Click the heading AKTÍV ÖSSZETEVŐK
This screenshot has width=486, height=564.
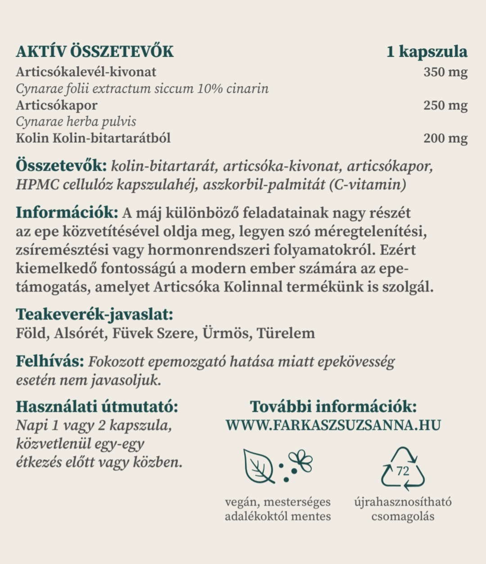pyautogui.click(x=94, y=52)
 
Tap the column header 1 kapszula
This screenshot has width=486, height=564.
pyautogui.click(x=427, y=52)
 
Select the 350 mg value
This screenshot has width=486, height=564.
pyautogui.click(x=445, y=72)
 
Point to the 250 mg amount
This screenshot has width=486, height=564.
pyautogui.click(x=445, y=105)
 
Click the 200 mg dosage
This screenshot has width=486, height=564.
pyautogui.click(x=445, y=138)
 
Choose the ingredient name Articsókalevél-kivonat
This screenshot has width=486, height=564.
pyautogui.click(x=86, y=72)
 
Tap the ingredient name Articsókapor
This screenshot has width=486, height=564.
pyautogui.click(x=57, y=105)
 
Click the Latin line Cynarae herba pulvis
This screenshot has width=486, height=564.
pyautogui.click(x=76, y=122)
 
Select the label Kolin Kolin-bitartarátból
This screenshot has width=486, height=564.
pyautogui.click(x=93, y=138)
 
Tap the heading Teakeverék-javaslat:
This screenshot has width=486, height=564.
pyautogui.click(x=94, y=314)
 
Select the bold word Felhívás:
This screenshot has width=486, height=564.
pyautogui.click(x=50, y=362)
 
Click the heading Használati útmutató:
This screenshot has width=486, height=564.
pyautogui.click(x=97, y=407)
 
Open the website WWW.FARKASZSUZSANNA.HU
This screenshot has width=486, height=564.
pyautogui.click(x=333, y=425)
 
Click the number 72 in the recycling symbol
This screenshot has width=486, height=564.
pyautogui.click(x=403, y=471)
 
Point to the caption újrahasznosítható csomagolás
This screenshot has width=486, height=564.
pyautogui.click(x=403, y=509)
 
